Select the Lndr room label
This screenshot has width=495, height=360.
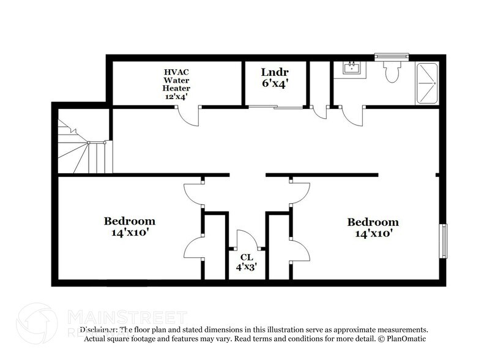pyautogui.click(x=275, y=71)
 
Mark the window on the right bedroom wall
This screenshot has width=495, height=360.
pyautogui.click(x=445, y=241)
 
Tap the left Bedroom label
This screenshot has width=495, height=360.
pyautogui.click(x=129, y=221)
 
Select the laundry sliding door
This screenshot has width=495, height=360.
pyautogui.click(x=276, y=108)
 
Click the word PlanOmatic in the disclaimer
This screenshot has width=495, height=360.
pyautogui.click(x=403, y=339)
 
